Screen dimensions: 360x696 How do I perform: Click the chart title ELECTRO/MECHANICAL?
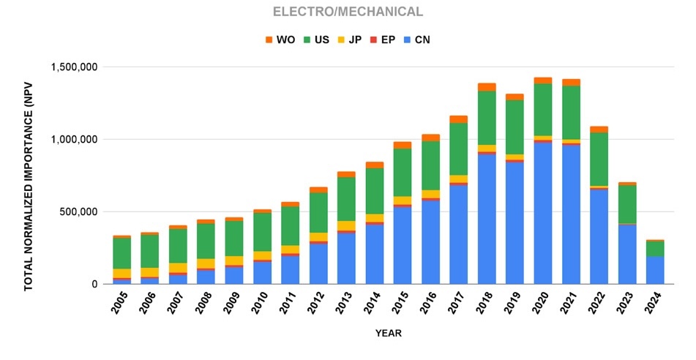coord(348,12)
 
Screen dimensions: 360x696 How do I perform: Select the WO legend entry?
coord(280,40)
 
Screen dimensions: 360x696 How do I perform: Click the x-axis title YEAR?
coord(388,333)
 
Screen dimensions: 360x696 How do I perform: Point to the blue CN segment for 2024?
coord(655,270)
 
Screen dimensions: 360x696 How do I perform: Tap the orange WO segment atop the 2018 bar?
coord(487,87)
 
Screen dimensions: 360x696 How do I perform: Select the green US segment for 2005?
coord(121,253)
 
